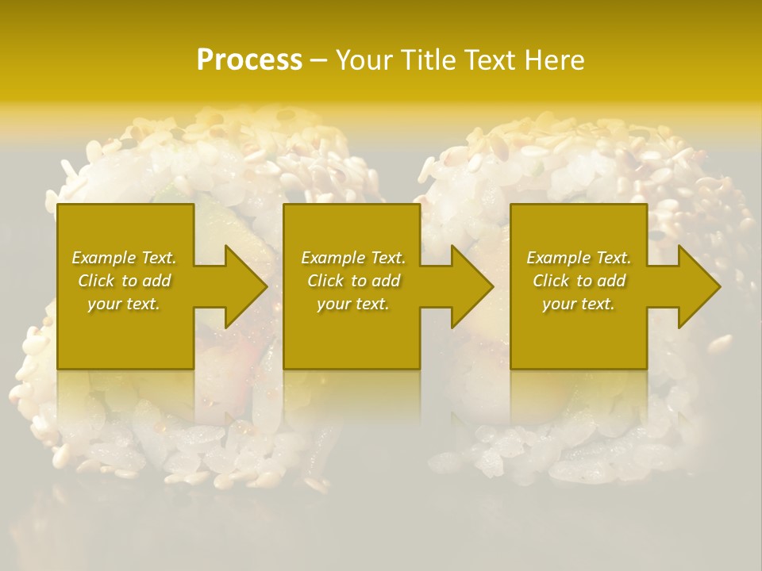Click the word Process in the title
pyautogui.click(x=249, y=60)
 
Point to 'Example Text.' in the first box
pyautogui.click(x=125, y=258)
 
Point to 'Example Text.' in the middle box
pyautogui.click(x=353, y=258)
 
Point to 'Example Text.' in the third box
pyautogui.click(x=579, y=258)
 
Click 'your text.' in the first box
pyautogui.click(x=124, y=304)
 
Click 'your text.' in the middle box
pyautogui.click(x=353, y=304)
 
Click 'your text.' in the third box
pyautogui.click(x=579, y=304)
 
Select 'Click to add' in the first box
pyautogui.click(x=125, y=281)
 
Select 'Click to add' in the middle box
pyautogui.click(x=353, y=281)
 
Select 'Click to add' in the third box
pyautogui.click(x=579, y=281)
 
